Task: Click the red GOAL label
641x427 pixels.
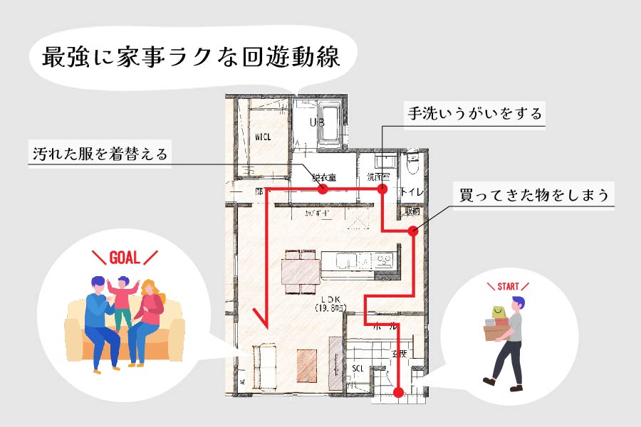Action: pyautogui.click(x=125, y=258)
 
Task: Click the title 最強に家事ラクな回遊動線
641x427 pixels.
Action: pyautogui.click(x=191, y=58)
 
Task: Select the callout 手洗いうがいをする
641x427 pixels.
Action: pyautogui.click(x=474, y=114)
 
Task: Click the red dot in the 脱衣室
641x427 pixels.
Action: pyautogui.click(x=322, y=189)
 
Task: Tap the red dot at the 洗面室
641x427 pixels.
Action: pyautogui.click(x=382, y=189)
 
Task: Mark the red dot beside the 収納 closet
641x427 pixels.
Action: pyautogui.click(x=413, y=231)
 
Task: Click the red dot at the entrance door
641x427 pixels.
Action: pyautogui.click(x=398, y=391)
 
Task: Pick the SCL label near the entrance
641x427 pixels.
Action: pyautogui.click(x=358, y=368)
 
